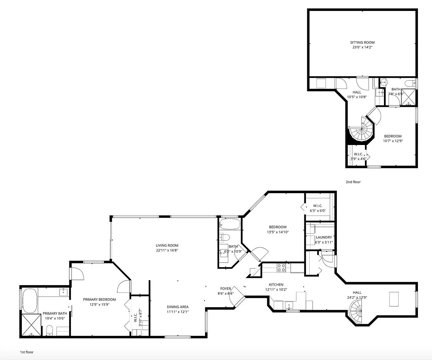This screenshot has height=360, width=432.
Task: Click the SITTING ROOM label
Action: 362,42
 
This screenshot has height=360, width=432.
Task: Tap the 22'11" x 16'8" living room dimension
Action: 167,250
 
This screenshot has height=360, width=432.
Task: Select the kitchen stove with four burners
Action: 281,267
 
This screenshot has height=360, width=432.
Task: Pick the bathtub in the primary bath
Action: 30,301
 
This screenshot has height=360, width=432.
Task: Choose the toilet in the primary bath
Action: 49,330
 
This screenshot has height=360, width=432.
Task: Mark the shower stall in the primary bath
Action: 31,325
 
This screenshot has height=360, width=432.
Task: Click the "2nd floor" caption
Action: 353,182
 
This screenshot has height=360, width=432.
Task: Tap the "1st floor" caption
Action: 27,352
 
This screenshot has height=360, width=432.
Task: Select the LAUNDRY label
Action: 324,237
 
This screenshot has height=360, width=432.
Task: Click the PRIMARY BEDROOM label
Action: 99,299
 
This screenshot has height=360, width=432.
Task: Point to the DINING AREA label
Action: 178,307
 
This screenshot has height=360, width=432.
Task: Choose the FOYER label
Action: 225,288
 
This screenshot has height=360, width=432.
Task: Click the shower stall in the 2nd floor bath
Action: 408,97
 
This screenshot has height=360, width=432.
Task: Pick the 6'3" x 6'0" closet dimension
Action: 317,211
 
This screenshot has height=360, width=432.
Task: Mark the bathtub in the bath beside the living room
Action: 229,224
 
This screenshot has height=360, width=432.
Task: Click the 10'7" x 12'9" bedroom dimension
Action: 393,141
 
